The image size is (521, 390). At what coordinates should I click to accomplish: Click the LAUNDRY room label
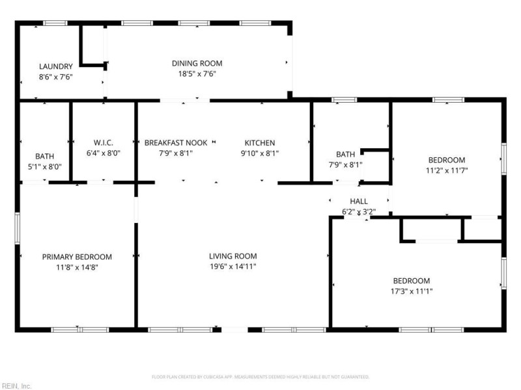click(55, 66)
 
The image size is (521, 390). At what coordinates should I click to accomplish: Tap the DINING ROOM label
click(197, 63)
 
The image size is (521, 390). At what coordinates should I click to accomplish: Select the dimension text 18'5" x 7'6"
click(197, 73)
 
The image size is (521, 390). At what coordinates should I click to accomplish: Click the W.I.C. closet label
click(103, 143)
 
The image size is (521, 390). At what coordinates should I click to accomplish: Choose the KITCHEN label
click(260, 143)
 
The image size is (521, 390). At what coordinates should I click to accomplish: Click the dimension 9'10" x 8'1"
click(260, 153)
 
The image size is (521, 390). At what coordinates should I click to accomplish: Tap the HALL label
click(359, 201)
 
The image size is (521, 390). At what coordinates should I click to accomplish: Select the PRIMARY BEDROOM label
click(77, 257)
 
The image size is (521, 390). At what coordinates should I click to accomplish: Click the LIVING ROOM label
click(232, 256)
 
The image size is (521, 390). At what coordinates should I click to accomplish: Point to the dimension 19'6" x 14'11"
click(232, 266)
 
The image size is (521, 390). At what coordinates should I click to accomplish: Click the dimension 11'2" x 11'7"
click(446, 170)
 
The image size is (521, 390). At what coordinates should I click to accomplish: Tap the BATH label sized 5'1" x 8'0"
click(45, 156)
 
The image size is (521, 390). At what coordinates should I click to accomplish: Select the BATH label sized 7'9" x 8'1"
click(345, 154)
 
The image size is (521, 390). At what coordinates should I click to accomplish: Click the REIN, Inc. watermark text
click(16, 385)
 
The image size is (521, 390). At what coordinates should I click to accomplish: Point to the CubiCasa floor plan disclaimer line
click(260, 376)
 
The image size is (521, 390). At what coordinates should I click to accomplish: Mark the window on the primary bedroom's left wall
click(18, 228)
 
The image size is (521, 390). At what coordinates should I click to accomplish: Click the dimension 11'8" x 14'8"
click(77, 267)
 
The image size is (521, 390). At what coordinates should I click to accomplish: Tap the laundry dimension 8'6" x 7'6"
click(55, 77)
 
